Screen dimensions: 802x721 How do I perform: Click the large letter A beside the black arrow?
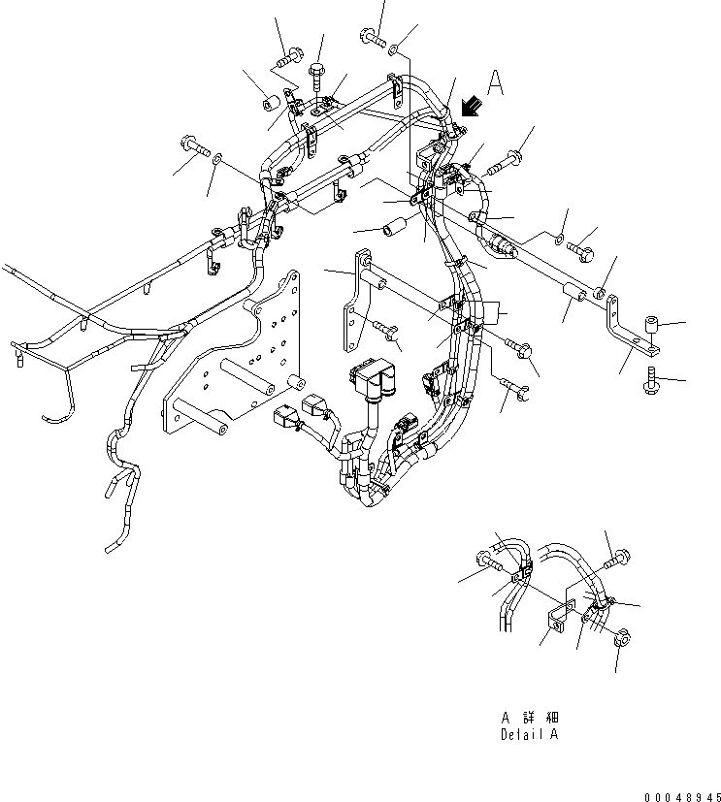[x=496, y=83]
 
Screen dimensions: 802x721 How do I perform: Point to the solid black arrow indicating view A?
[x=472, y=106]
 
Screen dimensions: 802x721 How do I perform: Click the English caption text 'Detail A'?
[x=529, y=734]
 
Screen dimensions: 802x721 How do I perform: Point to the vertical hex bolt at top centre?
[x=318, y=69]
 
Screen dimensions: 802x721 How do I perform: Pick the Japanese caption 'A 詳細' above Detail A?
[x=529, y=718]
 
